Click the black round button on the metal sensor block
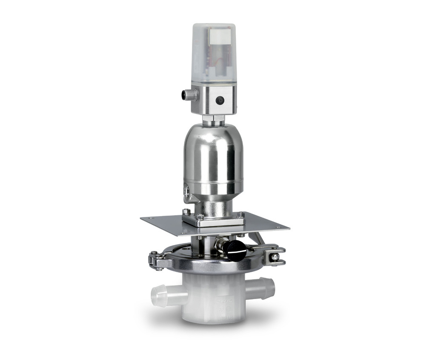coord(220,101)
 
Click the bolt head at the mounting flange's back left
coord(186,211)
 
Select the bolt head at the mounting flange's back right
coord(240,215)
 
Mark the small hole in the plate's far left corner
coord(147,219)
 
